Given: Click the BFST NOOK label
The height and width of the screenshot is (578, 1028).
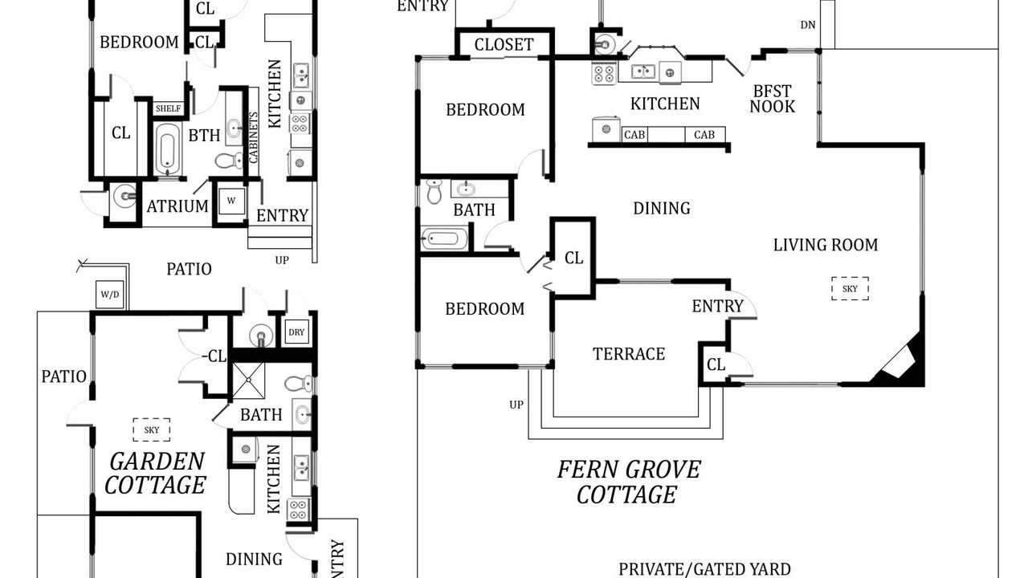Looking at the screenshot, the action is (773, 99).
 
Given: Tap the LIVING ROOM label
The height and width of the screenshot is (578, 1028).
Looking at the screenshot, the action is (826, 245).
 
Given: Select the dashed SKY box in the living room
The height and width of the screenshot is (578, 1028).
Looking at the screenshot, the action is (850, 288).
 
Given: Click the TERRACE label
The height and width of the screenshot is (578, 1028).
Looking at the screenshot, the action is (629, 354).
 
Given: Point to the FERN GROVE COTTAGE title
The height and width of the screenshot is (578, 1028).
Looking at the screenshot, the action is (628, 482).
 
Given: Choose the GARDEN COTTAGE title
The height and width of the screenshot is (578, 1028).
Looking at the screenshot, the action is (156, 474).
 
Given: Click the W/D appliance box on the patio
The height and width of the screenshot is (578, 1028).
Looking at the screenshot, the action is (110, 295).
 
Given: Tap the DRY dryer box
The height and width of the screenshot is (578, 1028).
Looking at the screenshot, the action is (296, 332).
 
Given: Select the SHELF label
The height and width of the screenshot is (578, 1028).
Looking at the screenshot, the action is (168, 108).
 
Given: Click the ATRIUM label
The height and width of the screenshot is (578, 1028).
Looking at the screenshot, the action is (177, 206).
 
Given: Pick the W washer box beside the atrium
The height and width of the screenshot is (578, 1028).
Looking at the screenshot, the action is (231, 201).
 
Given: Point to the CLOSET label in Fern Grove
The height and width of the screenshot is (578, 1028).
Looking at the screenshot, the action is (504, 45).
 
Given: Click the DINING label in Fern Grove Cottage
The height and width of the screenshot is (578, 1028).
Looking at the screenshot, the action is (662, 209).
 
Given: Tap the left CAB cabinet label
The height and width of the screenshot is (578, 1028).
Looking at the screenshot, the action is (634, 135).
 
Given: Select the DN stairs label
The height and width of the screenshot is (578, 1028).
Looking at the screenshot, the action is (808, 25).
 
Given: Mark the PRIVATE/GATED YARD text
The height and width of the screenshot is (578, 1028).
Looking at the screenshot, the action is (704, 569).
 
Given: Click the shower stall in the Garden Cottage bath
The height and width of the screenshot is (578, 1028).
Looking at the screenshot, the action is (248, 381).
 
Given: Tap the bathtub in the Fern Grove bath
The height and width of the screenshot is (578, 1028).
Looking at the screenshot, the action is (444, 238).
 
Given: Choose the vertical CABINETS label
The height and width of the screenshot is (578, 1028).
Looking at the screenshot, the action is (253, 137).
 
